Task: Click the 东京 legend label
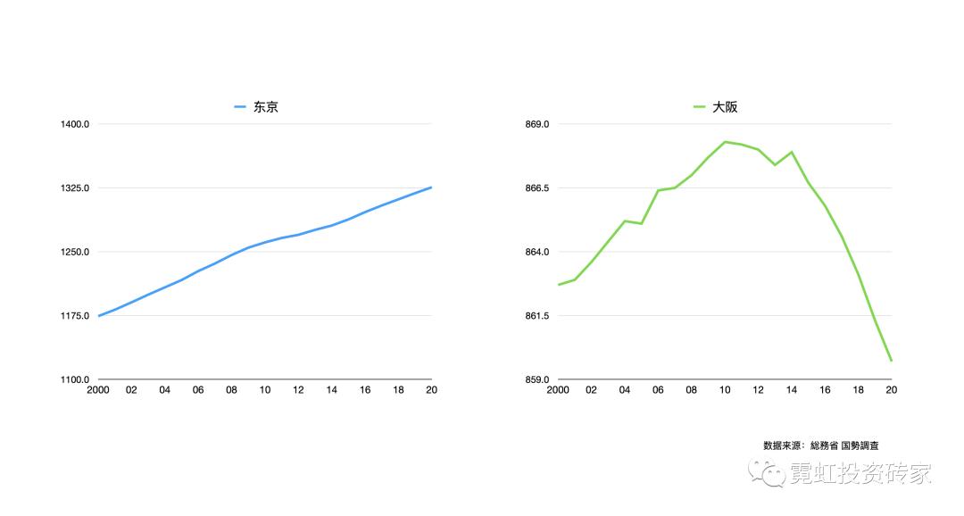(265, 107)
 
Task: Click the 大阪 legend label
(725, 107)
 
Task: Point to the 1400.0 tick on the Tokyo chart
(75, 124)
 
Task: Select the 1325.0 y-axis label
(75, 188)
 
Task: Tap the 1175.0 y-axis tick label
(75, 316)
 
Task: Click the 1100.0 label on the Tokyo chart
(75, 380)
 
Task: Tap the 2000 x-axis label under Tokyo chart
(98, 390)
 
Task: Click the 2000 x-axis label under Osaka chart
(558, 390)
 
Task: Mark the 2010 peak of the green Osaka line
(725, 141)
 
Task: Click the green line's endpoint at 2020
(891, 361)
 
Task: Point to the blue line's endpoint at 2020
(431, 187)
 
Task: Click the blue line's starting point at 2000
(99, 316)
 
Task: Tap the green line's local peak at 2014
(792, 152)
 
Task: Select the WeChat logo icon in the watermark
(768, 473)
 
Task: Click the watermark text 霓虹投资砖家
(860, 474)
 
